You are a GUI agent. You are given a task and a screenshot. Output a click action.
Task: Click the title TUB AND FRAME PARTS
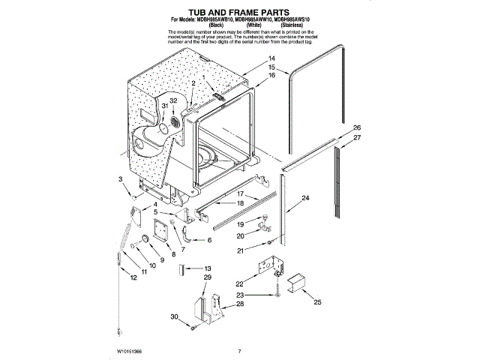(239, 11)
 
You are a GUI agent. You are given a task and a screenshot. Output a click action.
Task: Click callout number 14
(272, 58)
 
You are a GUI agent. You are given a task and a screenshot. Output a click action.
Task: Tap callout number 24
(305, 198)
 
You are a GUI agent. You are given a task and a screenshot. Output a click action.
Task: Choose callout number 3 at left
(120, 178)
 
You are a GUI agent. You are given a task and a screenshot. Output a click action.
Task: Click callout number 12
(134, 277)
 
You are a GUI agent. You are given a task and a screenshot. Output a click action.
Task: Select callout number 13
(208, 268)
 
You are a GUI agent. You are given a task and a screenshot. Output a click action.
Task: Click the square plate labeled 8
(160, 233)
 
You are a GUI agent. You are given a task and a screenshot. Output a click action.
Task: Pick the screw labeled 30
(194, 327)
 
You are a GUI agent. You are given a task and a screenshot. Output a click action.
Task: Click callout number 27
(358, 138)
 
